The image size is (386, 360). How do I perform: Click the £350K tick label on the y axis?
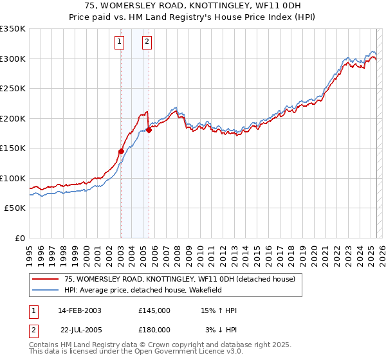(x=13, y=29)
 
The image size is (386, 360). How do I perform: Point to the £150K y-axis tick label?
(x=13, y=148)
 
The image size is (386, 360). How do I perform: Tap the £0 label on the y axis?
(x=19, y=238)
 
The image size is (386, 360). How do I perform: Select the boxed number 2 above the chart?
(x=147, y=42)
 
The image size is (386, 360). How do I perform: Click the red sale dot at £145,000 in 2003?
(x=121, y=152)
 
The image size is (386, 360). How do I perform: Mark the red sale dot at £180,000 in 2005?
(x=149, y=130)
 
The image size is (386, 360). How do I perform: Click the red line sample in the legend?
(x=45, y=279)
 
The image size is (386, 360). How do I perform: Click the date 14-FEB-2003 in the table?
(x=80, y=310)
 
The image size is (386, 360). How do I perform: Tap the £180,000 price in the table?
(x=154, y=330)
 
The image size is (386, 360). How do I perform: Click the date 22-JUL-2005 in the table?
(x=80, y=330)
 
